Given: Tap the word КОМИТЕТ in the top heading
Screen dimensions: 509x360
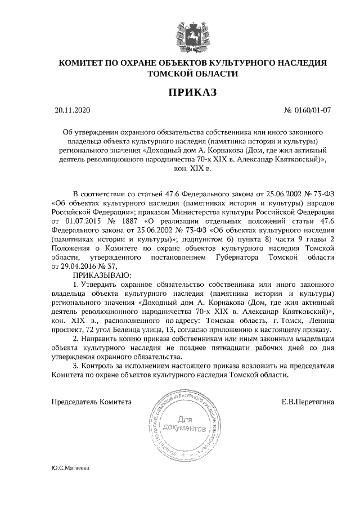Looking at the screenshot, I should [82, 62].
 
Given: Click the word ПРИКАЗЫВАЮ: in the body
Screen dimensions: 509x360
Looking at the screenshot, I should [102, 276].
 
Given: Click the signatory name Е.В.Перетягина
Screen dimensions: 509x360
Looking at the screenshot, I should [308, 402].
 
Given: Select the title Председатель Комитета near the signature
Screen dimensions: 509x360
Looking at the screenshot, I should [92, 402].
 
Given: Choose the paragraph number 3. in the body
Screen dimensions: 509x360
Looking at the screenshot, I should [76, 366].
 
